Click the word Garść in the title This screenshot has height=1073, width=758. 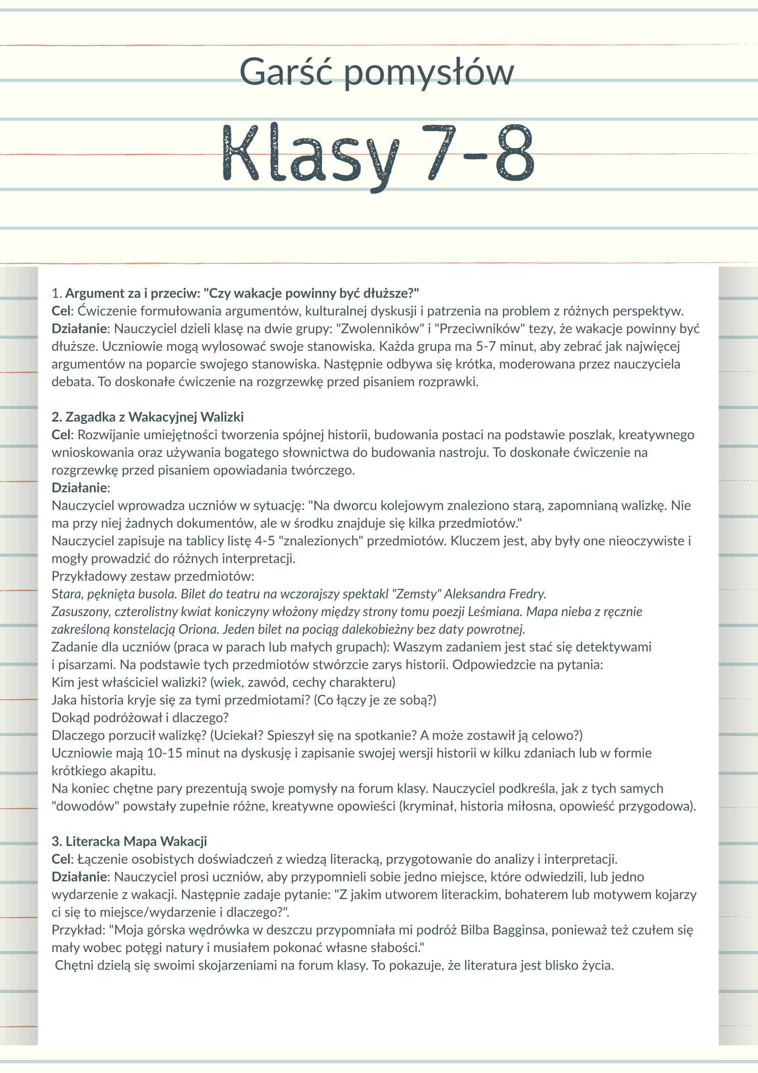point(285,72)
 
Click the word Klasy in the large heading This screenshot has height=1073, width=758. point(310,154)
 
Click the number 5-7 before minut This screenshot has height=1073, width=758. point(486,347)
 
